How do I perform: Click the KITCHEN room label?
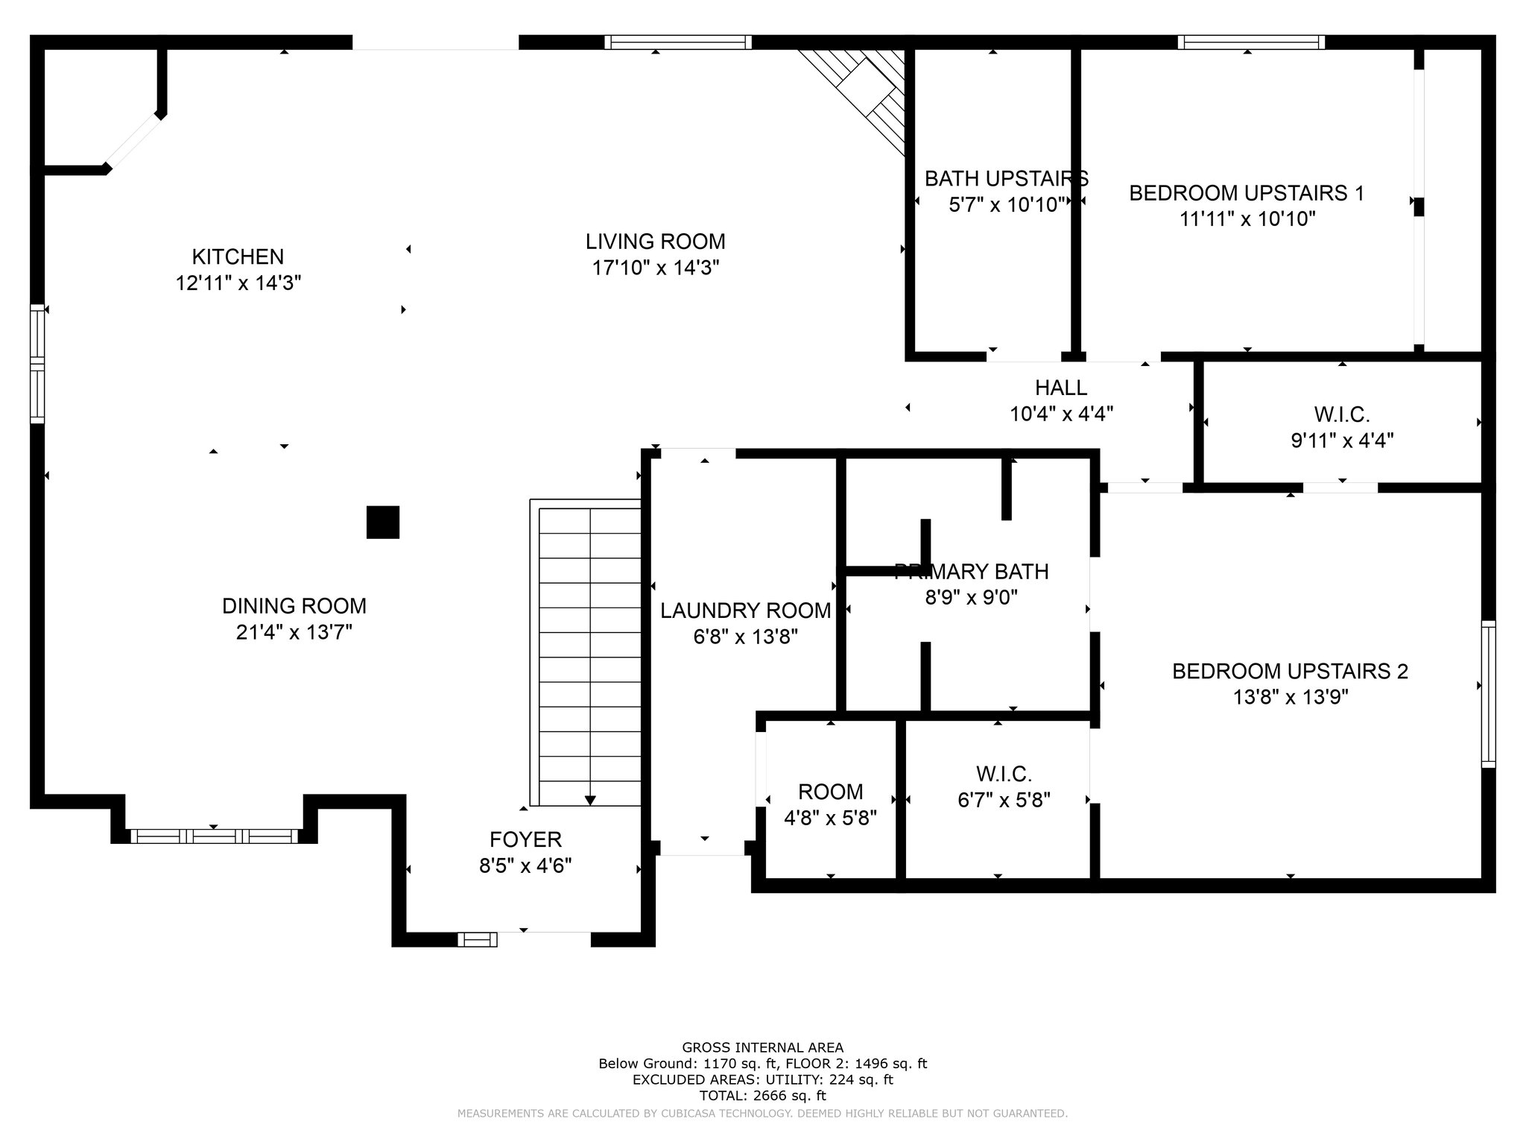click(x=238, y=257)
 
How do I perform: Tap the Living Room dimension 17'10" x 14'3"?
click(x=655, y=268)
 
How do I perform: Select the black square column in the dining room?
click(x=383, y=522)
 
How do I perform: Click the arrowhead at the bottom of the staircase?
click(x=590, y=801)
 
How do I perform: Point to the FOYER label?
click(x=525, y=840)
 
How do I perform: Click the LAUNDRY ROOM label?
click(x=745, y=611)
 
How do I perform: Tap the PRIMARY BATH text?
click(x=971, y=572)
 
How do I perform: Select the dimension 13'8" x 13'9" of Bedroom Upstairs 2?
click(x=1290, y=698)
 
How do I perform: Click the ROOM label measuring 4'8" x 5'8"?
click(x=830, y=792)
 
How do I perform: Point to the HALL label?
click(x=1061, y=388)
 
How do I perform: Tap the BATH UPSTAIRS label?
click(x=1006, y=179)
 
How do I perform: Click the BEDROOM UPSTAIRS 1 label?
click(x=1247, y=193)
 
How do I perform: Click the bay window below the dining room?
click(x=214, y=836)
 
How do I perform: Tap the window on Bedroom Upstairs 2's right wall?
click(x=1488, y=694)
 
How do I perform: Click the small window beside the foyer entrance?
click(x=477, y=939)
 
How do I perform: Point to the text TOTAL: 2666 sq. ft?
click(x=762, y=1096)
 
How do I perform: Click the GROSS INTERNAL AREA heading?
click(x=762, y=1047)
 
